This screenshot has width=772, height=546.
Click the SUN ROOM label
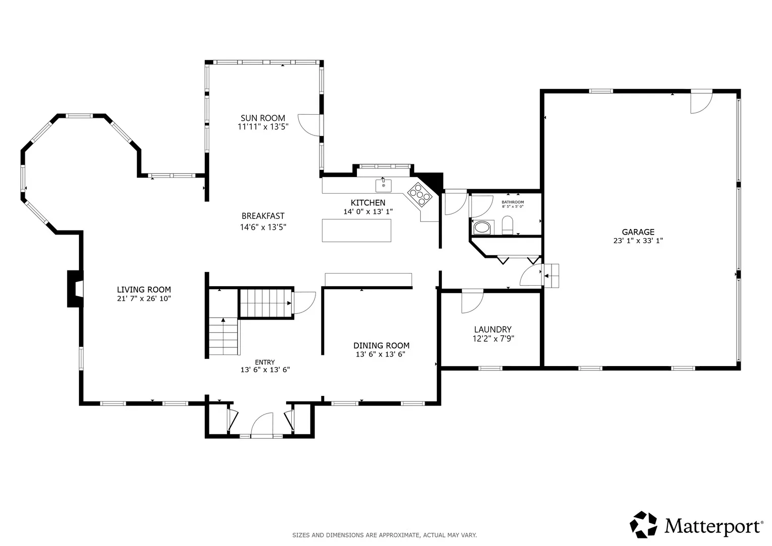coord(262,118)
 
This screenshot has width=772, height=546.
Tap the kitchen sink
coord(383,186)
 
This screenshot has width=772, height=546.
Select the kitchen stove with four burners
coord(420,195)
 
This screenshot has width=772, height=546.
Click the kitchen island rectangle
coord(356,230)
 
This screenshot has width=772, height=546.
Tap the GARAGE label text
coord(638,232)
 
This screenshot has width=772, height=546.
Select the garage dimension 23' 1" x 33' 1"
coord(638,241)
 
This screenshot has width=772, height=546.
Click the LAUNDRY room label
coord(492,330)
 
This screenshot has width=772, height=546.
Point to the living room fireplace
coord(75,289)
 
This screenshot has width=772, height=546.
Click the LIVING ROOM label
coord(144,290)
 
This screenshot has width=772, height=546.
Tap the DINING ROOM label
coord(381,345)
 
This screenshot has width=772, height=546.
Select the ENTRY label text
coord(265,362)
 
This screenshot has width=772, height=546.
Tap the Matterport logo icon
coord(643,525)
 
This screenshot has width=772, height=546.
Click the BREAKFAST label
coord(263,216)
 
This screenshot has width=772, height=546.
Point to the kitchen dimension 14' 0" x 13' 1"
coord(368,212)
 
